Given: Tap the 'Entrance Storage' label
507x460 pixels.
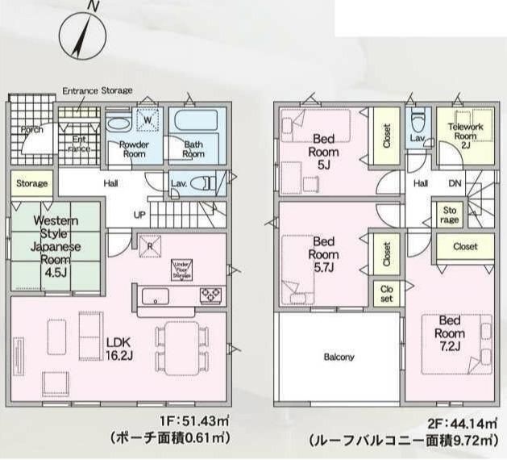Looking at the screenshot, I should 98,90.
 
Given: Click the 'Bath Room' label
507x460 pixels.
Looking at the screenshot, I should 193,149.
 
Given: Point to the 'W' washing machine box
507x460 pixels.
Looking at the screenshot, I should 148,121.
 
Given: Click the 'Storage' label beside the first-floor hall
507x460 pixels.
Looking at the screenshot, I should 31,183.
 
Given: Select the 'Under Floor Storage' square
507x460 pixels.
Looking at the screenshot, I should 181,270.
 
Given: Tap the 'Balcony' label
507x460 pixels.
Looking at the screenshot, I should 339,357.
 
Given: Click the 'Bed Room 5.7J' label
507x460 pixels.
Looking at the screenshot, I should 324,254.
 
